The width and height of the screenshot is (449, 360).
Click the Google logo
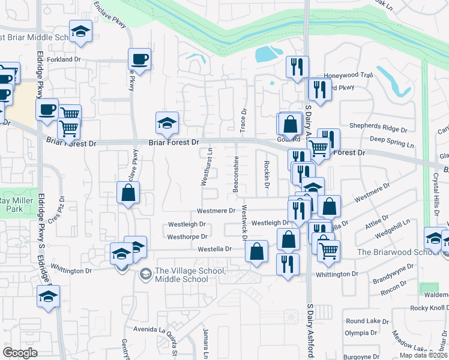20,353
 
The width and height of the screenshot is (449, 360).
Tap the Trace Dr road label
244,121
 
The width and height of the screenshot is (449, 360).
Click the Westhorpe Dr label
187,237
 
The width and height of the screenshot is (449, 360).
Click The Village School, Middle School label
190,275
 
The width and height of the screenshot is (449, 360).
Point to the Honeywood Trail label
348,75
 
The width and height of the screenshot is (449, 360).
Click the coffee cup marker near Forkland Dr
140,59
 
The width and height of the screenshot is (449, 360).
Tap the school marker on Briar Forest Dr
167,122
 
